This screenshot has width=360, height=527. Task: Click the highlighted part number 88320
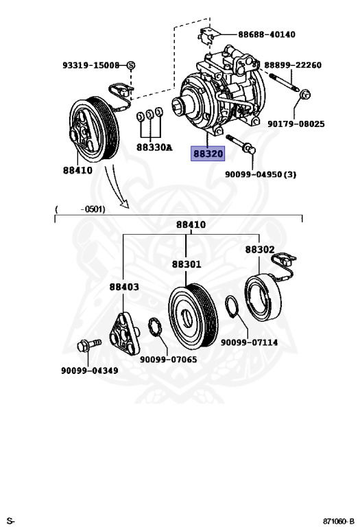point(208,154)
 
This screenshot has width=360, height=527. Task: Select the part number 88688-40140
point(267,34)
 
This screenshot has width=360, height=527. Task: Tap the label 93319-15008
point(91,65)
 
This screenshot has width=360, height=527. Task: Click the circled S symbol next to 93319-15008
point(131,65)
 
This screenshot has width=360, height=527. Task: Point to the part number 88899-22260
point(293,65)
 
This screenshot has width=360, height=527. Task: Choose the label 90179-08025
point(296,124)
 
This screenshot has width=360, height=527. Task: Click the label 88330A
point(154,148)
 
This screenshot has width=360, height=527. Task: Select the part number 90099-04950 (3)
point(261,174)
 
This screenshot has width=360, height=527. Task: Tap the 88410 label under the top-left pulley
point(77,170)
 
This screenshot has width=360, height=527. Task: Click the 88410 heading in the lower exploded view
point(191,224)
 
